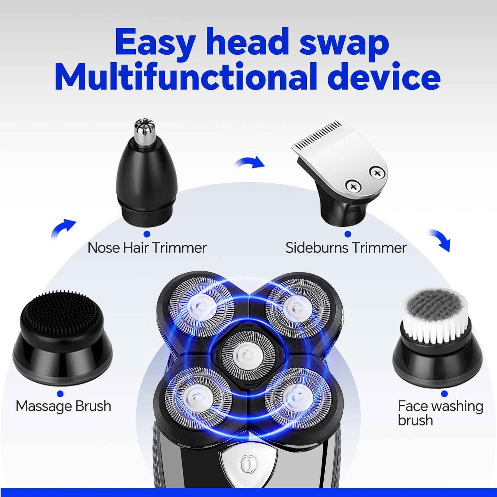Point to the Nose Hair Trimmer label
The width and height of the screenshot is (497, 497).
pyautogui.click(x=147, y=248)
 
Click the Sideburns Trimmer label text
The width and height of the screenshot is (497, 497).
pyautogui.click(x=346, y=248)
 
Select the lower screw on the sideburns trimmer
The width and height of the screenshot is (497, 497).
pyautogui.click(x=353, y=186)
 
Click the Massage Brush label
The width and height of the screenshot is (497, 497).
pyautogui.click(x=63, y=406)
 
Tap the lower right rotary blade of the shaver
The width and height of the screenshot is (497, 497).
pyautogui.click(x=297, y=399)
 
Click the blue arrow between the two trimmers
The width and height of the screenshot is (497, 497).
pyautogui.click(x=250, y=162)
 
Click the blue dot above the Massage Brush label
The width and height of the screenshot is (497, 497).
pyautogui.click(x=60, y=393)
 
